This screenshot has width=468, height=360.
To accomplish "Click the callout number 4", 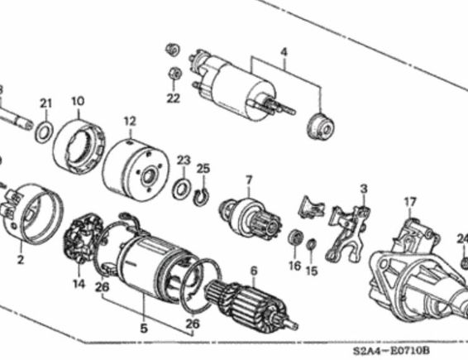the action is (284, 52).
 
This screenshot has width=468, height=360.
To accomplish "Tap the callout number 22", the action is (174, 98).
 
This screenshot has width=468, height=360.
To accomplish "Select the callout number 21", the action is (46, 103).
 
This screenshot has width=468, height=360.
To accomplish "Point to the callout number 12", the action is (130, 122).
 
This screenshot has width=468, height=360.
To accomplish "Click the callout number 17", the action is (410, 202).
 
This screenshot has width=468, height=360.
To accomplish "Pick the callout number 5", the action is (144, 329).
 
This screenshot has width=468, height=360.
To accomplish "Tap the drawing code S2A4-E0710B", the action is (392, 350).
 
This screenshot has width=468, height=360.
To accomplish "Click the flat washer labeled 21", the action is (44, 132).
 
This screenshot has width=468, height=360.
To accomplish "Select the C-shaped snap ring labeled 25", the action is (201, 197).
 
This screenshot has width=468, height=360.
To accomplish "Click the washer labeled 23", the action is (182, 190).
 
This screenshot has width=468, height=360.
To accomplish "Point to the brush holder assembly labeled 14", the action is (83, 237).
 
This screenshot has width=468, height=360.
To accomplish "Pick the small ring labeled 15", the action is (311, 245).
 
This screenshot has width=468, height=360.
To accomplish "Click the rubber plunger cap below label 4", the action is (321, 127).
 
